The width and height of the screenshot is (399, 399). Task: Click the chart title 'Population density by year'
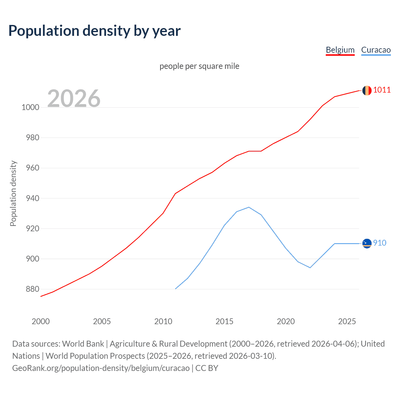[94, 31]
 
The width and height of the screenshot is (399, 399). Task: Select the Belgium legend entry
[340, 50]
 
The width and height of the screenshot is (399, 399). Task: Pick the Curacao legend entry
[376, 50]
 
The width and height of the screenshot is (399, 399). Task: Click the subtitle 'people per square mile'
[199, 66]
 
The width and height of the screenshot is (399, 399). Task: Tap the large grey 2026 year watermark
[74, 99]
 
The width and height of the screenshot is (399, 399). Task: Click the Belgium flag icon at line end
[367, 90]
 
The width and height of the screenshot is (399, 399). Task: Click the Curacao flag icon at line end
[367, 243]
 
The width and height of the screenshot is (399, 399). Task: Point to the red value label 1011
[382, 90]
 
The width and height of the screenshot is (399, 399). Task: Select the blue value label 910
[380, 243]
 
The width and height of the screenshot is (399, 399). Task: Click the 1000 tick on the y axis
[30, 108]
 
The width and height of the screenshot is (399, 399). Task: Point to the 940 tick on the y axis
[32, 199]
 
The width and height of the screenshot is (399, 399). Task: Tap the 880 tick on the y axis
[32, 289]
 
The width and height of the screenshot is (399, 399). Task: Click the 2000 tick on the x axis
[41, 321]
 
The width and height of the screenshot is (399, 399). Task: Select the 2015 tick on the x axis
[224, 321]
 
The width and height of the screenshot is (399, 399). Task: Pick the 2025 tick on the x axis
[347, 321]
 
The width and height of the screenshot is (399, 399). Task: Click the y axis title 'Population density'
[13, 193]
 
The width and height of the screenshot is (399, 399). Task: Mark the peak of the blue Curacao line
[249, 207]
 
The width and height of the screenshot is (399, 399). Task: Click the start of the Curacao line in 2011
[175, 289]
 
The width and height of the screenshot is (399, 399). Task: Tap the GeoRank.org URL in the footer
[101, 368]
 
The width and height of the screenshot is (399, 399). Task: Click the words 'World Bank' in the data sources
[83, 344]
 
